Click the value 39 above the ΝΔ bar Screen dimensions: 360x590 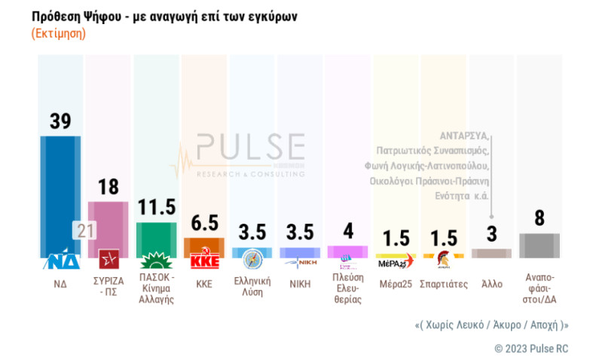coord(60,121)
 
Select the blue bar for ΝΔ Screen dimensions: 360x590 coord(60,196)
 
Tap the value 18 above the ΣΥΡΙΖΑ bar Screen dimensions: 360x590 coord(109,188)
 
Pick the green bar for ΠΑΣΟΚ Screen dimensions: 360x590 coord(156,239)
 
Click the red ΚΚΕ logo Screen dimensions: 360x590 coord(204,261)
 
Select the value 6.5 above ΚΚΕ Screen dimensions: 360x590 coord(204,224)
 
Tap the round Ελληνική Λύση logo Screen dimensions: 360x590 coord(252,260)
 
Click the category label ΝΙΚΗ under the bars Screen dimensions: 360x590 coord(300,285)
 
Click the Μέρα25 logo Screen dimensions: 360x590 coord(396,261)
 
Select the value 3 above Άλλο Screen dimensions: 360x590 coord(491,235)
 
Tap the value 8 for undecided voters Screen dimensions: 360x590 coord(540,219)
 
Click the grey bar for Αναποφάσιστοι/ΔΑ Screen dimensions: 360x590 coord(540,246)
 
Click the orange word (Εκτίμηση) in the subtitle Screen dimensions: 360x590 coord(59,34)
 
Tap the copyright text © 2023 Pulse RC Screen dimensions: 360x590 coord(530,348)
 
